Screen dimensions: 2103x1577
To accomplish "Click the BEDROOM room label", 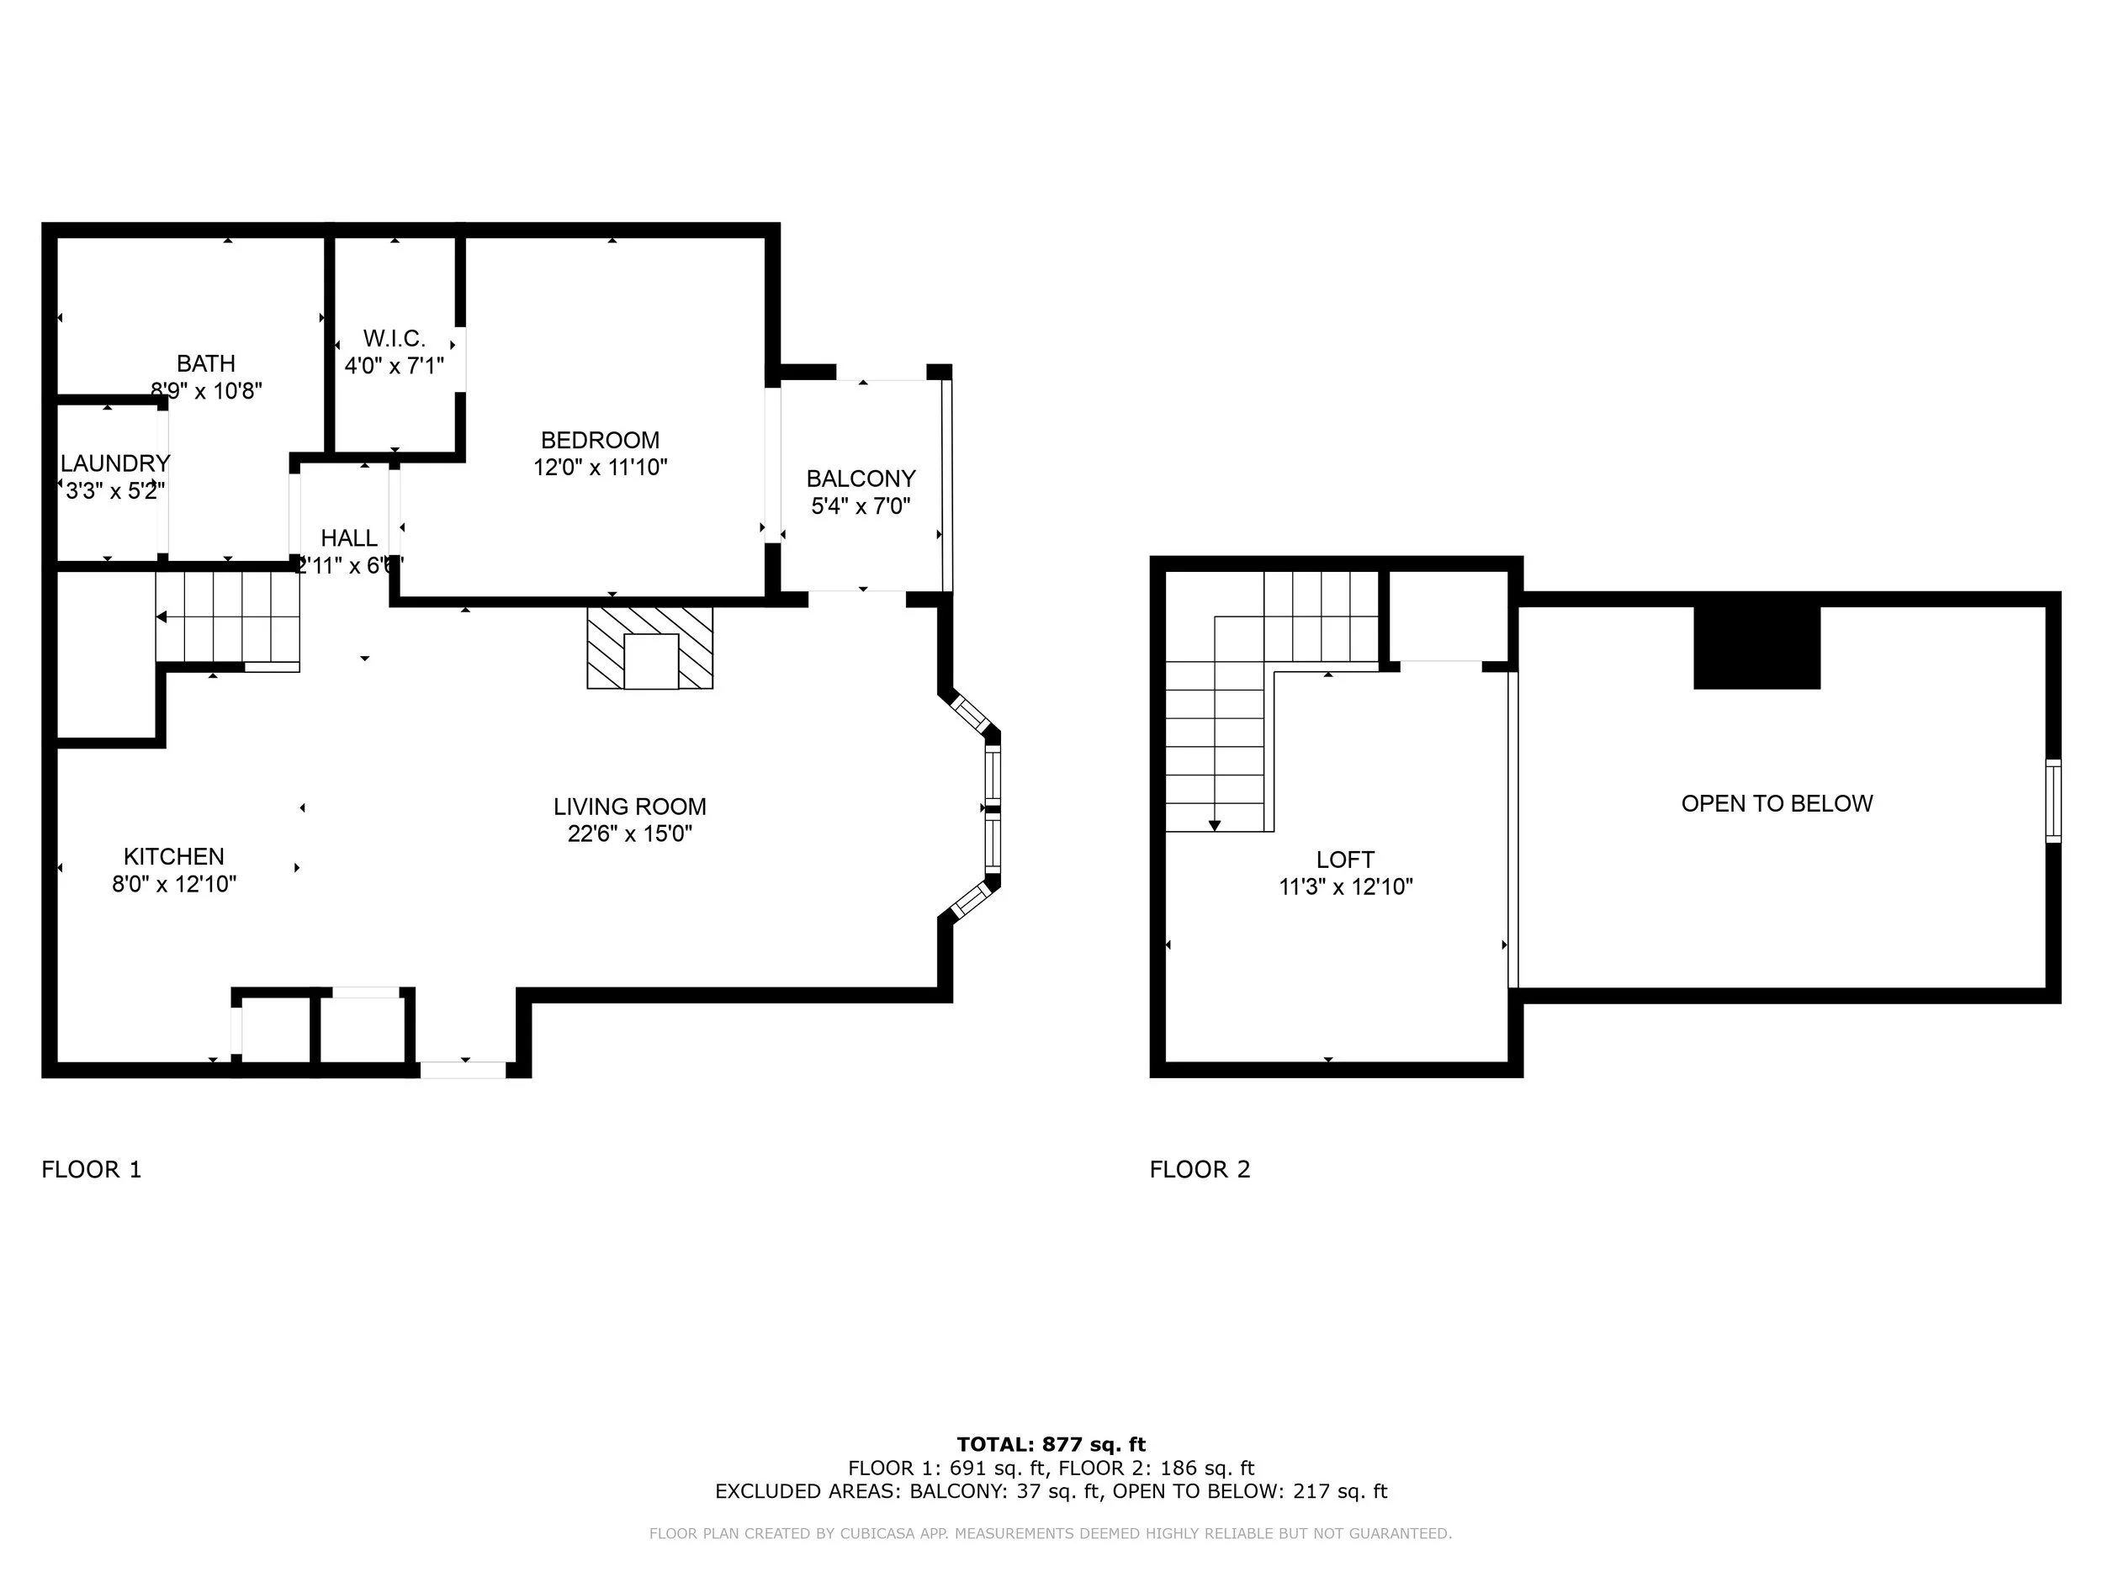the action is coord(600,440).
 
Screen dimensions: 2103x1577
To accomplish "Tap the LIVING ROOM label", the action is coord(629,807).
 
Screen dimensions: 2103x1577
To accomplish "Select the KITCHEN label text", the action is coord(174,856).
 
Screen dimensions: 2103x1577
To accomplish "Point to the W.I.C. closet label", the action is coord(394,338).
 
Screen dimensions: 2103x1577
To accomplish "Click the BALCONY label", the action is coord(861,478).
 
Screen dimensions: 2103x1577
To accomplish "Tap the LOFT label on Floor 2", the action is coord(1345,860).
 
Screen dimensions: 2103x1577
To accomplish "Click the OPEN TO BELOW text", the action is coord(1777,803).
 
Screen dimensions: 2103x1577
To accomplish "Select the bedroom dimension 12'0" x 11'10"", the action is coord(600,468).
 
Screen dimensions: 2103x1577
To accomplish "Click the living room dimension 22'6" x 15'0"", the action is coord(629,833).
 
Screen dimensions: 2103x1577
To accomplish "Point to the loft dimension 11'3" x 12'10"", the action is coord(1345,886).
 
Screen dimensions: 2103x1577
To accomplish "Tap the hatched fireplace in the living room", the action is coord(649,648).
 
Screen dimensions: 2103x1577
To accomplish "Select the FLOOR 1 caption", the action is coord(91,1169).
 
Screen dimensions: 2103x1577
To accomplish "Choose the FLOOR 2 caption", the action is coord(1200,1169).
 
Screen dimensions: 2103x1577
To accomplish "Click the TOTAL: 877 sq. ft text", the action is coord(1051,1445).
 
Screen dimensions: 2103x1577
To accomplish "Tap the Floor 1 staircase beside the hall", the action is coord(228,621).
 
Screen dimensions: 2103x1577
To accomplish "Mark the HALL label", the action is coord(349,538).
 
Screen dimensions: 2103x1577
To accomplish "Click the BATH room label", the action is coord(206,363).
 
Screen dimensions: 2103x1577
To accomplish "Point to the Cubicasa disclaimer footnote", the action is coord(1051,1533).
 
